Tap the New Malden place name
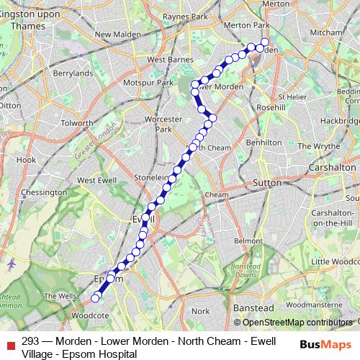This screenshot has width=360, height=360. click(113, 34)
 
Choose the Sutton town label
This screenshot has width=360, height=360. click(266, 184)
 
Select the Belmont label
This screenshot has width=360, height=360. click(248, 240)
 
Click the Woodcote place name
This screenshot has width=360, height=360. click(90, 315)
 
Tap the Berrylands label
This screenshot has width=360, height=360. click(73, 73)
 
